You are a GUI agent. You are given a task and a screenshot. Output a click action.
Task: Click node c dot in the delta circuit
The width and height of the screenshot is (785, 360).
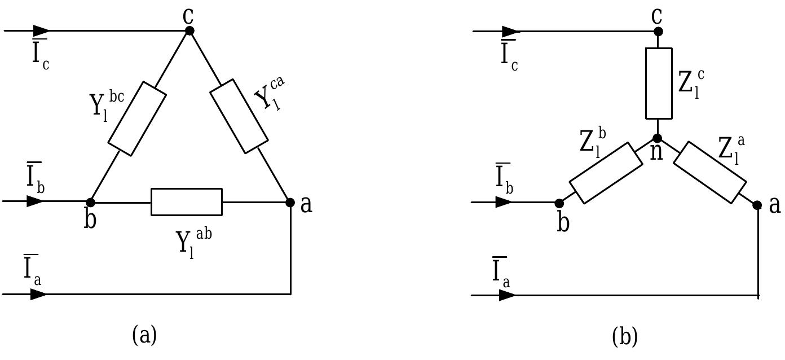pyautogui.click(x=189, y=30)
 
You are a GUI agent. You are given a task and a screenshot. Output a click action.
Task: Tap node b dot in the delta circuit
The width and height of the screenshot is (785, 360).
pyautogui.click(x=90, y=202)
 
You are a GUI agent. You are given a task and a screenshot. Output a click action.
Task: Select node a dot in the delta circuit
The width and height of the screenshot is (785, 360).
pyautogui.click(x=290, y=202)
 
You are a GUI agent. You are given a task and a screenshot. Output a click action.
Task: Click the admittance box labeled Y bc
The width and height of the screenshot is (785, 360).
pyautogui.click(x=137, y=118)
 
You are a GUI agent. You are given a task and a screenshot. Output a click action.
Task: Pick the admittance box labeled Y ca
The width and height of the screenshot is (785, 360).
pyautogui.click(x=239, y=116)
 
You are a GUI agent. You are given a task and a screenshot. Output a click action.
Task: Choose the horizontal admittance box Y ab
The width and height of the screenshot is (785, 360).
pyautogui.click(x=187, y=202)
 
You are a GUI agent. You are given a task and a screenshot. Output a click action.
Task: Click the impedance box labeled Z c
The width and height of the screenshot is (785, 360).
pyautogui.click(x=658, y=84)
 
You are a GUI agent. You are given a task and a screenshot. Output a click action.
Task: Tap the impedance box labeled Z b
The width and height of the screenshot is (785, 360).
pyautogui.click(x=606, y=173)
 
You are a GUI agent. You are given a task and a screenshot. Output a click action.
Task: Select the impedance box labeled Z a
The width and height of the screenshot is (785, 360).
pyautogui.click(x=710, y=172)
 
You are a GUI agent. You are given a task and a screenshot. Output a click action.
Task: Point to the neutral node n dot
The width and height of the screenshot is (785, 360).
pyautogui.click(x=658, y=138)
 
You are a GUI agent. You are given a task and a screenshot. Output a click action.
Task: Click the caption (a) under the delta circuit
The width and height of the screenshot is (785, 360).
pyautogui.click(x=144, y=335)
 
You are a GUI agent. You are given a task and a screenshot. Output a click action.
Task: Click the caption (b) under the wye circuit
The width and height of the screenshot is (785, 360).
pyautogui.click(x=625, y=337)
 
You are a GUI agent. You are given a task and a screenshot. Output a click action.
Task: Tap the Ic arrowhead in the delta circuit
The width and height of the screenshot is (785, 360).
pyautogui.click(x=41, y=30)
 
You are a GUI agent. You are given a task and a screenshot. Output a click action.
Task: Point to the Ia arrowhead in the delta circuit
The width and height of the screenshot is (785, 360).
pyautogui.click(x=38, y=294)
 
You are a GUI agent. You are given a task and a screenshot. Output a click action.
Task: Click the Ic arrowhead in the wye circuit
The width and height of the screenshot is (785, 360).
pyautogui.click(x=509, y=31)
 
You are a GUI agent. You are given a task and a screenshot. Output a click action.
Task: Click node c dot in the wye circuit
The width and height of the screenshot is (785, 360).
pyautogui.click(x=658, y=32)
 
